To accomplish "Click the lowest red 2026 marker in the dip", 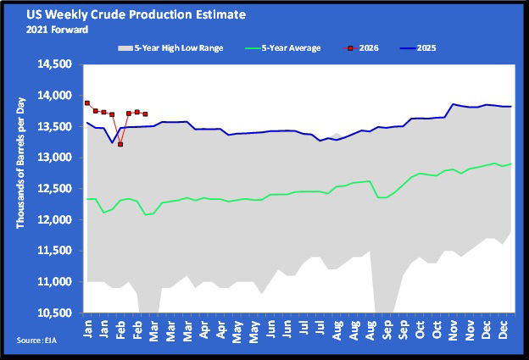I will tap(120, 144).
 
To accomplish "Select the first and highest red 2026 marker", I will tap(87, 102).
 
